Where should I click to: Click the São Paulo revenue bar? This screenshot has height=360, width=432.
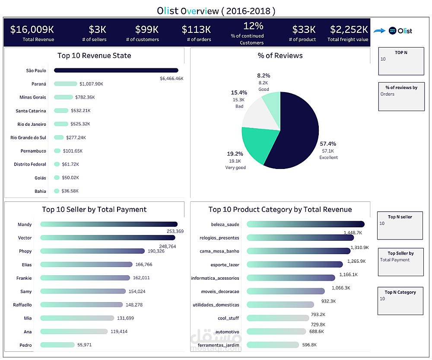coord(116,70)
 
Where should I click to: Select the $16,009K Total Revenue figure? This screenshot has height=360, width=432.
coord(32,29)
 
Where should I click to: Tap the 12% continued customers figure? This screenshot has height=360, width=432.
coord(253,26)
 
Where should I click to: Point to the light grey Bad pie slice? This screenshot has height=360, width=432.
coord(259,113)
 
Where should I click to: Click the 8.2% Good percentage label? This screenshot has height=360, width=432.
coord(264,75)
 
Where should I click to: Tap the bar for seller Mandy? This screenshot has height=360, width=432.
coord(108,224)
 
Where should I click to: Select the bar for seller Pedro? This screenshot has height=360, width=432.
coord(57,345)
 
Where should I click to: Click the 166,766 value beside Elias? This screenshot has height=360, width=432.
coord(143,264)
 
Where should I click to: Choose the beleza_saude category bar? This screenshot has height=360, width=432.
coord(305,224)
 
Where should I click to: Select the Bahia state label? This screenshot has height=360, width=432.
coord(40,191)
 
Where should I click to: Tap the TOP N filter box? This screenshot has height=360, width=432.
coord(401,62)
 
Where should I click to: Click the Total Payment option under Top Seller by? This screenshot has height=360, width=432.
coord(395,260)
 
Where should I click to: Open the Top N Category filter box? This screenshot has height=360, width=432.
coord(400,300)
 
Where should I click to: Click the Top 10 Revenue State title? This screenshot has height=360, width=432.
coord(94,55)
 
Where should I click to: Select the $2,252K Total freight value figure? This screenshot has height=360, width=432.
coord(349,29)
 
